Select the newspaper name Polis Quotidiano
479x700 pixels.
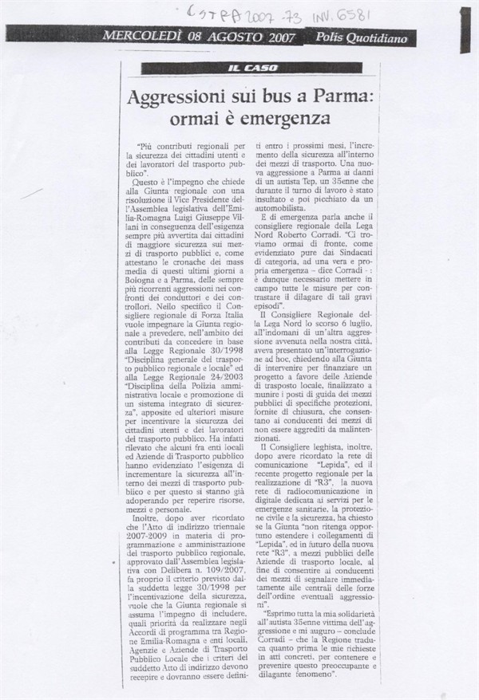point(361,37)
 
